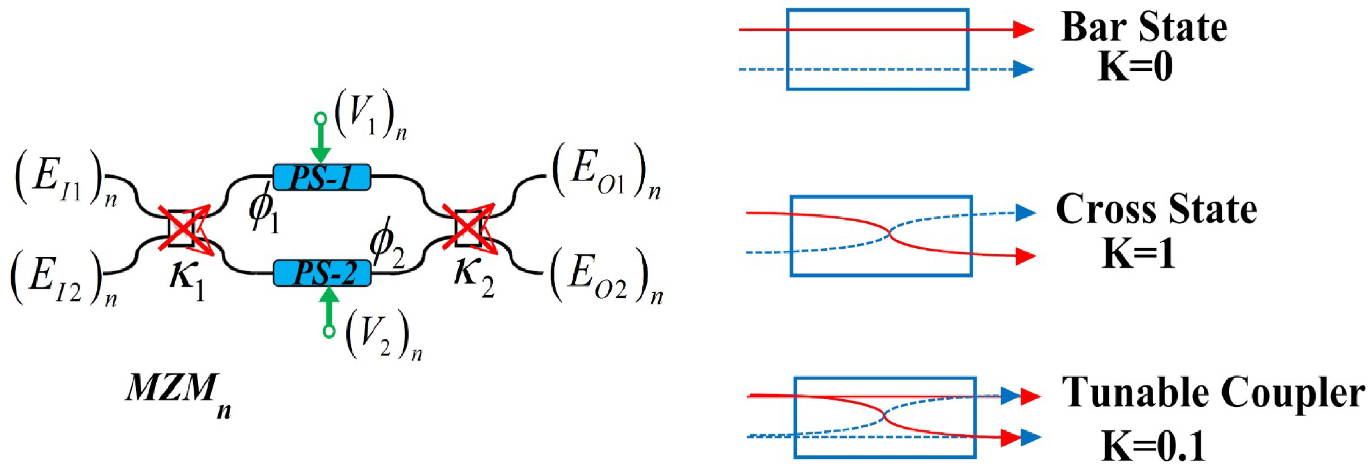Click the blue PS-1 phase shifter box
pyautogui.click(x=322, y=177)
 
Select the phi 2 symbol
pyautogui.click(x=387, y=245)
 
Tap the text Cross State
pyautogui.click(x=1156, y=209)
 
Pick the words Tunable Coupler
pyautogui.click(x=1213, y=394)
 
